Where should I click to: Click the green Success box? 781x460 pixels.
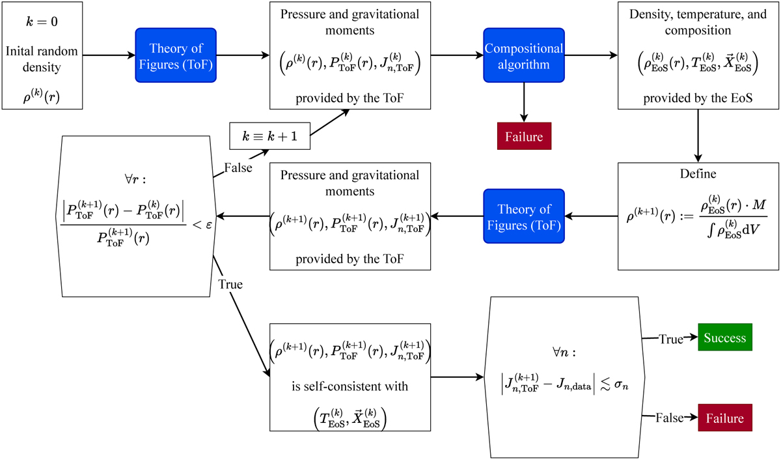(x=724, y=339)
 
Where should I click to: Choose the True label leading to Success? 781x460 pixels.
(x=670, y=339)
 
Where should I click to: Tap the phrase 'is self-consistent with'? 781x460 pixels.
(x=350, y=386)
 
